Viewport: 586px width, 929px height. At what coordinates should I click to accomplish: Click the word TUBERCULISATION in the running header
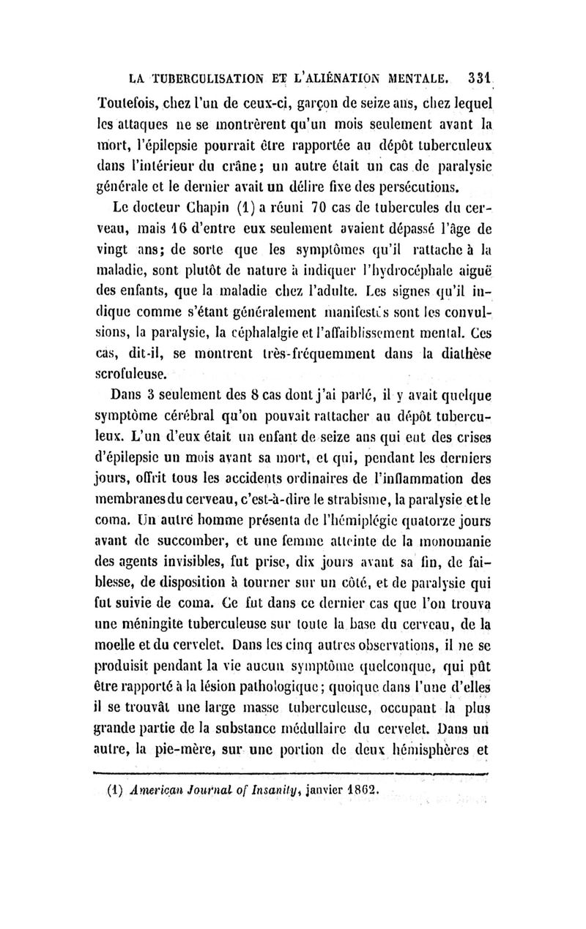[209, 76]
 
